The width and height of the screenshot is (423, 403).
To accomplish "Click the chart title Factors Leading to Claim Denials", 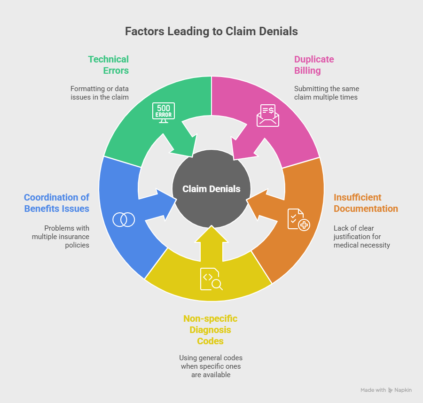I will [x=211, y=31].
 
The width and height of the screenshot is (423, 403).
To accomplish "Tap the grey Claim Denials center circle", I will [x=211, y=189].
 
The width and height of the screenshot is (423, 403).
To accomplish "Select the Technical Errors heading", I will [x=108, y=65].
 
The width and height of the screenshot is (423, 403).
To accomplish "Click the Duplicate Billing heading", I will [x=314, y=65].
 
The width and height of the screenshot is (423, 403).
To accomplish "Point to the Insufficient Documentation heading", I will [x=366, y=203].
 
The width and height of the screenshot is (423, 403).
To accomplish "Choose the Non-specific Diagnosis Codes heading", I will [x=210, y=330].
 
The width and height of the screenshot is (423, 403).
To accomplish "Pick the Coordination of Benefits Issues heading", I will [x=56, y=203].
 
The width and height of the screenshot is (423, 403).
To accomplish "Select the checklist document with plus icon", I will [x=298, y=219].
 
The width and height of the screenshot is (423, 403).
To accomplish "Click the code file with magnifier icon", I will [x=211, y=279].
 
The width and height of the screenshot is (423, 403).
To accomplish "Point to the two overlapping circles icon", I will [x=124, y=219].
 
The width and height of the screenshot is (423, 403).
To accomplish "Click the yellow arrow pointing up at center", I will [x=211, y=242].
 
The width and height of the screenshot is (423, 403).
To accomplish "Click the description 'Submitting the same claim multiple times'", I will [x=326, y=93].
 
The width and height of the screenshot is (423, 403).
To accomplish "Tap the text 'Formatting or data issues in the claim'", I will [x=99, y=93].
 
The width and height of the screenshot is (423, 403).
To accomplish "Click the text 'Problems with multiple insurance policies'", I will [x=61, y=237].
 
